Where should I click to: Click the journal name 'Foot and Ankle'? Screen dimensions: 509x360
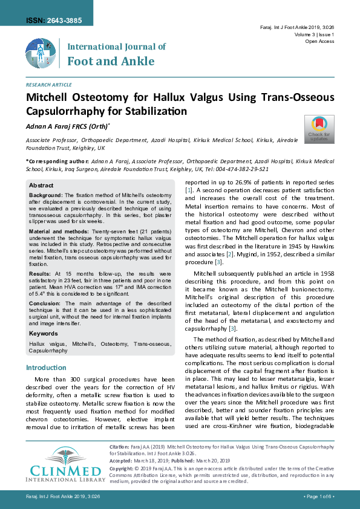pyautogui.click(x=111, y=61)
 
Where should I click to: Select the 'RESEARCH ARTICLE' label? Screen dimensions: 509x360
pyautogui.click(x=48, y=85)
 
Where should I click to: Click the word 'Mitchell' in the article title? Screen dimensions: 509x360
pyautogui.click(x=50, y=99)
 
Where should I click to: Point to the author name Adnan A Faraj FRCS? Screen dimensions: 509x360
pyautogui.click(x=67, y=126)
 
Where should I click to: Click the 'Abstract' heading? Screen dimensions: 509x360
pyautogui.click(x=41, y=185)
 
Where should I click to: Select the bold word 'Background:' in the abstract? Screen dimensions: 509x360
pyautogui.click(x=46, y=195)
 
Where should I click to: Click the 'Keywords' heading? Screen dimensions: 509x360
pyautogui.click(x=44, y=333)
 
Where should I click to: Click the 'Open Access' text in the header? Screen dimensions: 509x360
pyautogui.click(x=319, y=42)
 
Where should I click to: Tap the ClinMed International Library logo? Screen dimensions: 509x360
pyautogui.click(x=61, y=465)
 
